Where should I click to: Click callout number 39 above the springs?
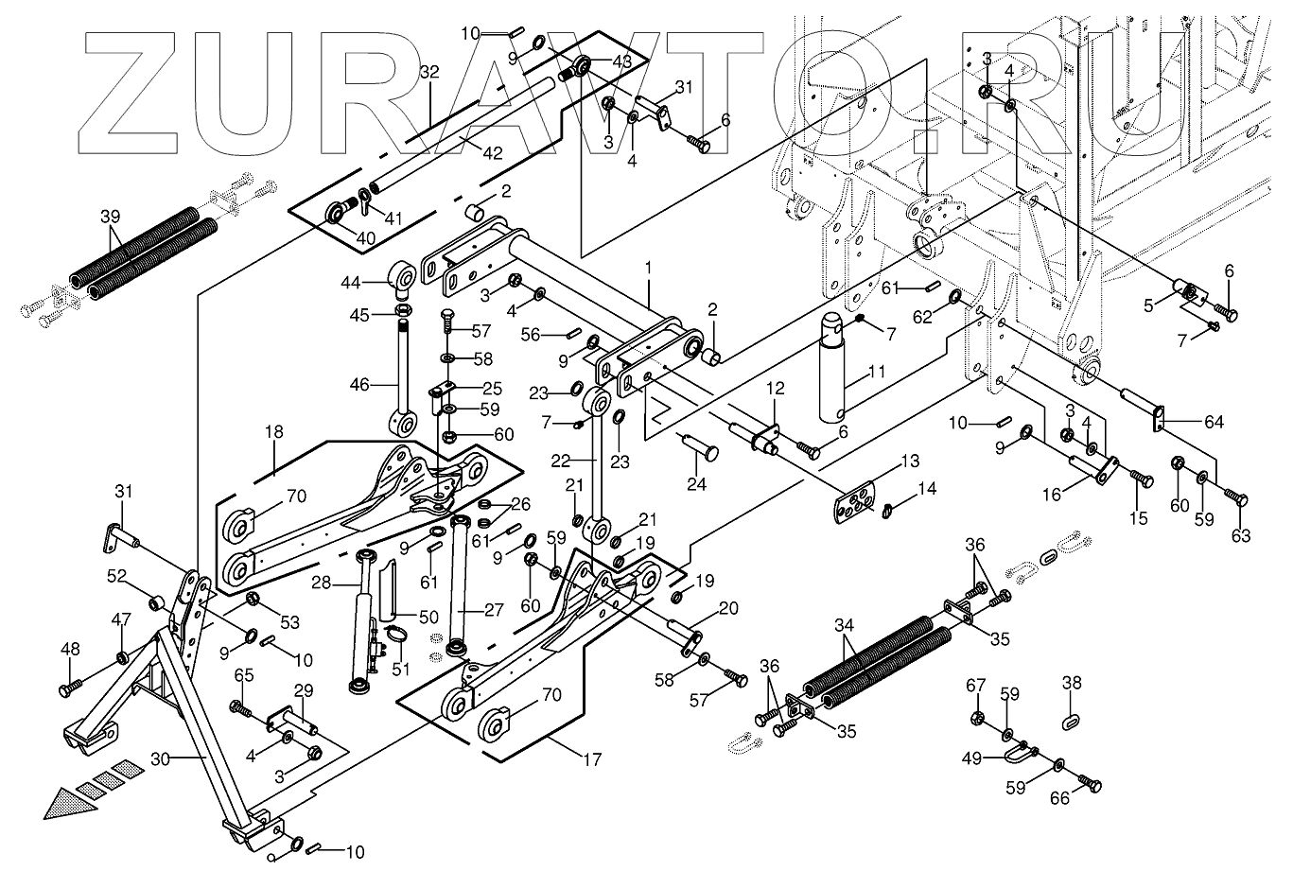(111, 217)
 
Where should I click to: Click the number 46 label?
(360, 384)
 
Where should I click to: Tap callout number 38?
(1072, 683)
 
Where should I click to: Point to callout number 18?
(273, 431)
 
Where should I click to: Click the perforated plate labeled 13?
(855, 503)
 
